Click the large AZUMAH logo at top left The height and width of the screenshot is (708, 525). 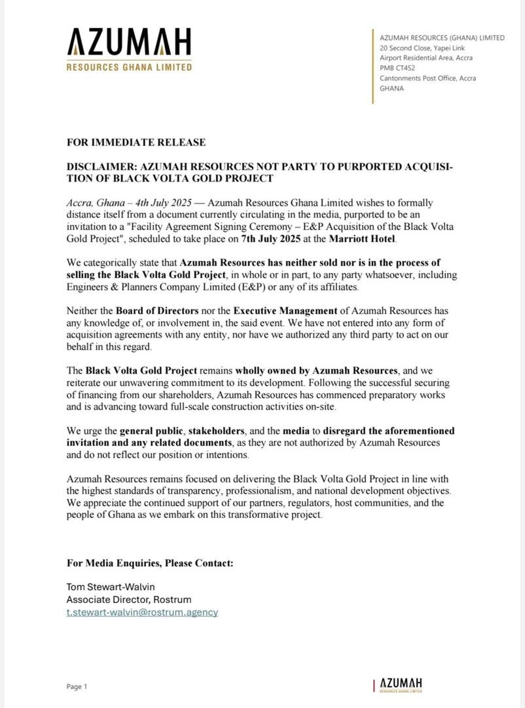click(129, 43)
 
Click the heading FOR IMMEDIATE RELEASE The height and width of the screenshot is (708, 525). click(136, 142)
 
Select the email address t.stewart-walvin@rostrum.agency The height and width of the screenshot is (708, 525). click(142, 612)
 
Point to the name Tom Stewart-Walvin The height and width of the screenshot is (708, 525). click(111, 587)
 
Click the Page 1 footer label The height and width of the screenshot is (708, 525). click(77, 686)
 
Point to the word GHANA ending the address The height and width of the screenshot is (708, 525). click(392, 88)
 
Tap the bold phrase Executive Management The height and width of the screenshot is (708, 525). click(284, 310)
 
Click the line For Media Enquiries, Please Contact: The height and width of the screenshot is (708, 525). click(150, 563)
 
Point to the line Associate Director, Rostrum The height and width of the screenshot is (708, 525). click(129, 599)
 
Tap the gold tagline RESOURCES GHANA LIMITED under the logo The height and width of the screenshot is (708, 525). click(129, 67)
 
